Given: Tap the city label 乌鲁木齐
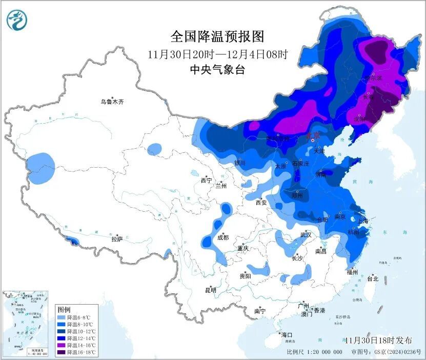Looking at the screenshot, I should point(112,102).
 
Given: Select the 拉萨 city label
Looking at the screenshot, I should point(117,239).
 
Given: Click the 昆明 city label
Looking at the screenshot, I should point(211,290).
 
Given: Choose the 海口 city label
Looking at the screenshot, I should point(288,335).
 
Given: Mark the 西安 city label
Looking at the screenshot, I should point(261,203).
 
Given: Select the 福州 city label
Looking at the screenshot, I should point(352,272).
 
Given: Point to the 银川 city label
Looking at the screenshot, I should point(240,164).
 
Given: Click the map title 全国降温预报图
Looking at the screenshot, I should point(217,36).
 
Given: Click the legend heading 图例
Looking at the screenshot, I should point(64,310).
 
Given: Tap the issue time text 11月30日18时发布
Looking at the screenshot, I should point(378,341).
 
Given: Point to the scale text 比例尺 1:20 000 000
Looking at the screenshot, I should point(315,352).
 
